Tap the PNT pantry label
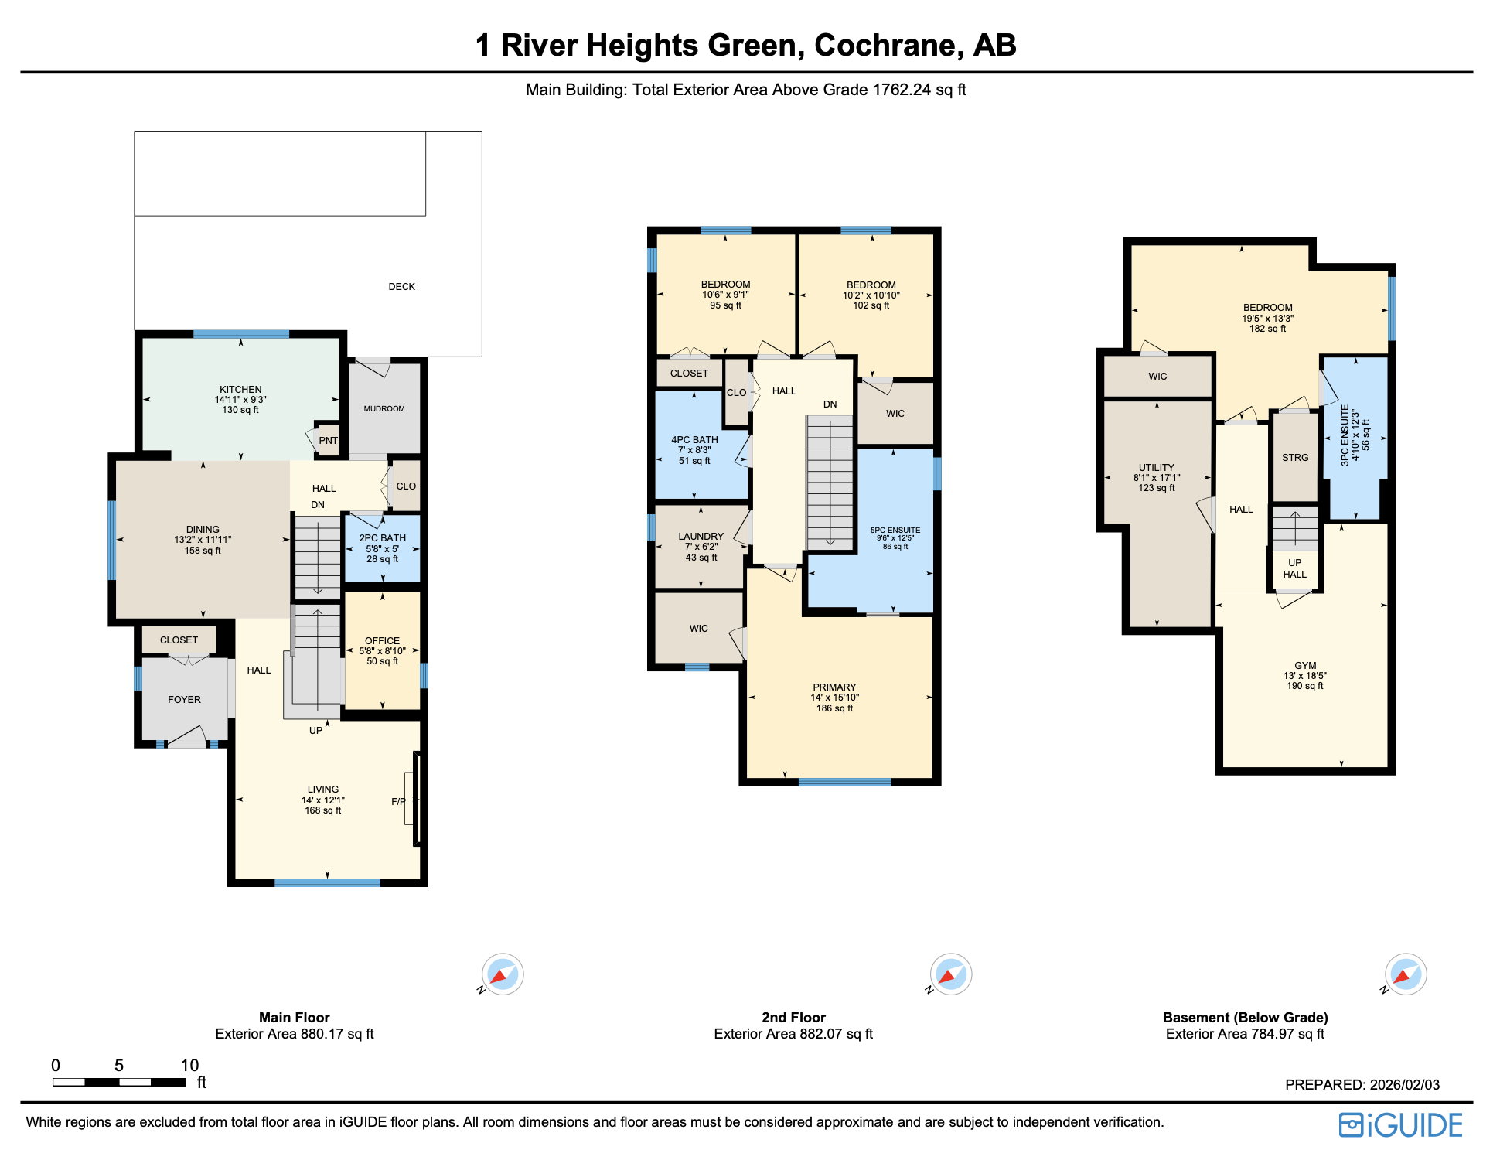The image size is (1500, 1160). (x=328, y=441)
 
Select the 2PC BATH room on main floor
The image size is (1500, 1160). (x=383, y=548)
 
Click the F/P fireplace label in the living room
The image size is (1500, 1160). (x=398, y=802)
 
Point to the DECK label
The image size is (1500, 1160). (x=401, y=287)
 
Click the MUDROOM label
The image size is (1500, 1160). (x=384, y=409)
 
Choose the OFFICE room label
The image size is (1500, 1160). (x=382, y=641)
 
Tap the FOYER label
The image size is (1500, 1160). (x=184, y=700)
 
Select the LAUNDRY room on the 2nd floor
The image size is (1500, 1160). (x=701, y=546)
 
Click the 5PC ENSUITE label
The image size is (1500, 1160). (x=895, y=531)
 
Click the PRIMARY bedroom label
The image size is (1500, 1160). (x=834, y=687)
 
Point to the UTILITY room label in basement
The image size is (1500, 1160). (x=1156, y=468)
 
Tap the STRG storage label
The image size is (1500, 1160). (x=1295, y=458)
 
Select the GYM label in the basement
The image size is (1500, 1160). (x=1305, y=666)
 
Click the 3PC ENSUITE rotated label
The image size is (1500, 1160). (x=1345, y=435)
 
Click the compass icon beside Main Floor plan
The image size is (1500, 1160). (x=503, y=974)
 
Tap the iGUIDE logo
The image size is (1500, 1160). (x=1400, y=1125)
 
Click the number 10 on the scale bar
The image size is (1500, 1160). (x=189, y=1065)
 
